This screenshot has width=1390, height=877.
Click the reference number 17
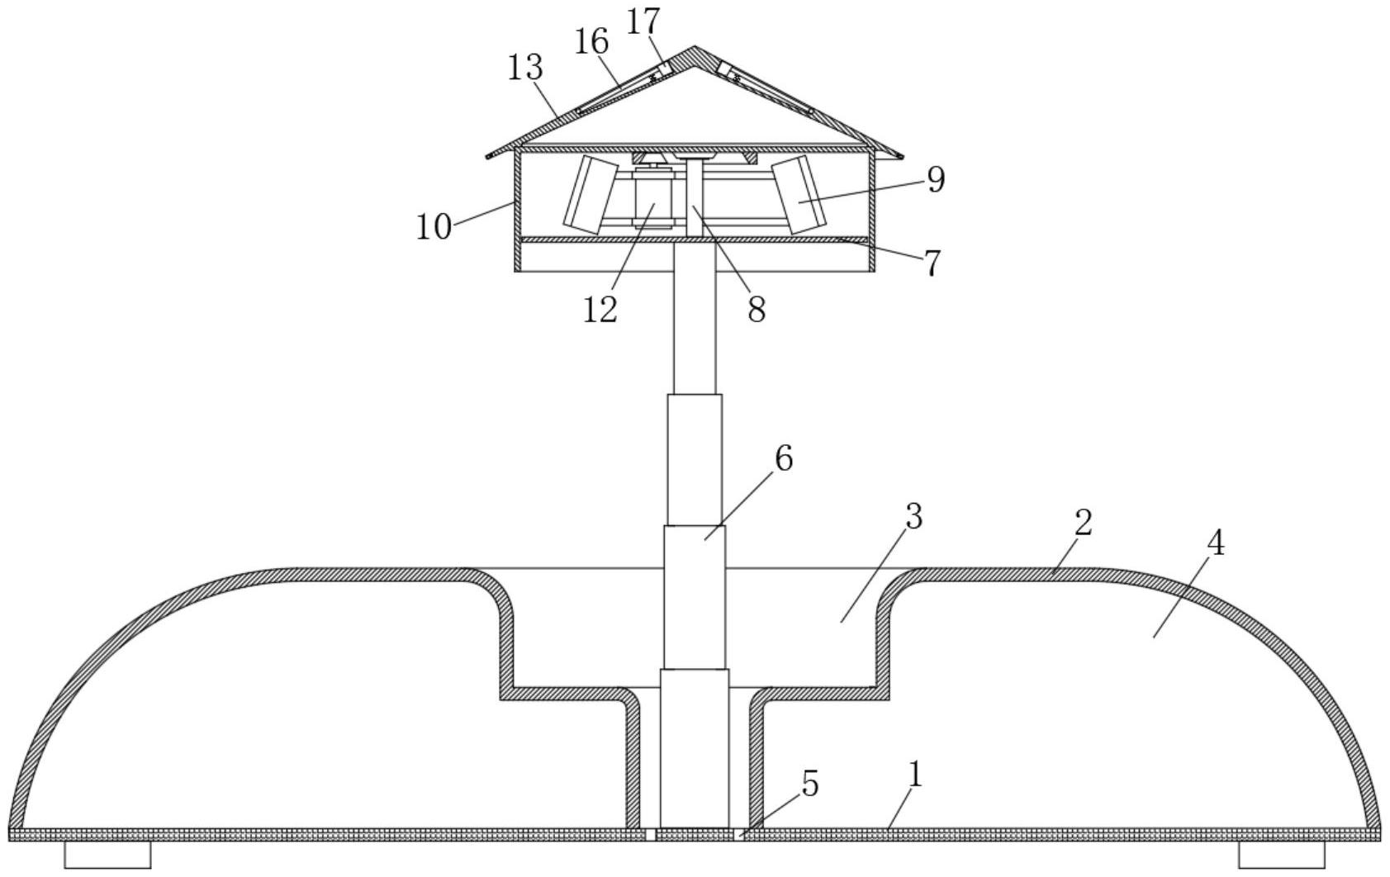pyautogui.click(x=643, y=22)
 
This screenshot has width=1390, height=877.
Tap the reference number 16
pyautogui.click(x=591, y=42)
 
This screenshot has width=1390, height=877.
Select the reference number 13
pyautogui.click(x=525, y=67)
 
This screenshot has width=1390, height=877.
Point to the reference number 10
pyautogui.click(x=433, y=226)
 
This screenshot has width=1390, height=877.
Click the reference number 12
pyautogui.click(x=600, y=309)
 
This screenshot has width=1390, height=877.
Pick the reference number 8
pyautogui.click(x=757, y=309)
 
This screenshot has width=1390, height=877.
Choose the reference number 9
pyautogui.click(x=937, y=179)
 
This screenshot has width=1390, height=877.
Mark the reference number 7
pyautogui.click(x=932, y=263)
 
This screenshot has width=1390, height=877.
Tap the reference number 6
pyautogui.click(x=784, y=459)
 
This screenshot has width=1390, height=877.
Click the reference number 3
pyautogui.click(x=913, y=517)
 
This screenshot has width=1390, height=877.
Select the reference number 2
pyautogui.click(x=1083, y=523)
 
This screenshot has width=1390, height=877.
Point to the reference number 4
pyautogui.click(x=1216, y=544)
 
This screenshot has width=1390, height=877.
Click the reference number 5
pyautogui.click(x=809, y=784)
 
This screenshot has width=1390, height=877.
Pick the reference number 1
pyautogui.click(x=915, y=775)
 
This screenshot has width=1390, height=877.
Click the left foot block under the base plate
pyautogui.click(x=108, y=856)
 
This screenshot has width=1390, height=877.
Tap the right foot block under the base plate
pyautogui.click(x=1282, y=856)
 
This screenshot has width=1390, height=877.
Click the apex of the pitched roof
pyautogui.click(x=695, y=47)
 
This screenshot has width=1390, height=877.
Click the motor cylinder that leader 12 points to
pyautogui.click(x=653, y=200)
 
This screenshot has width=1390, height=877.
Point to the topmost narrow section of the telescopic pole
pyautogui.click(x=695, y=318)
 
